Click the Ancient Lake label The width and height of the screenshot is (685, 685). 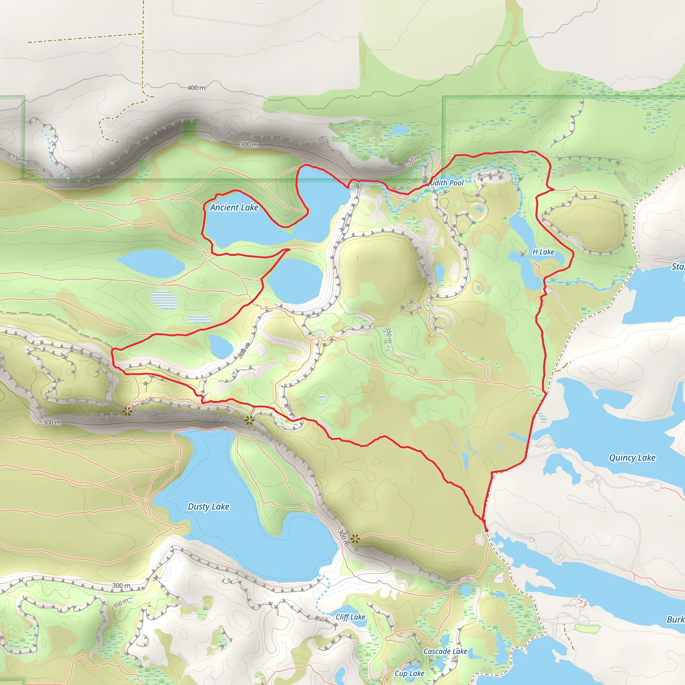234,207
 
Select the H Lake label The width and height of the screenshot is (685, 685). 543,252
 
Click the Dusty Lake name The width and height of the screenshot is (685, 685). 208,506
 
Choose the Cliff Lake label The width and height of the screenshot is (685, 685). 350,617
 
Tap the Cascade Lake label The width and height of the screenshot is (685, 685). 445,651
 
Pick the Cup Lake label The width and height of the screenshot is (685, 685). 409,673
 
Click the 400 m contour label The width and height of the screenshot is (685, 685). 196,88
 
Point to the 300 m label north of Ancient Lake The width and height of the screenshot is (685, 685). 249,144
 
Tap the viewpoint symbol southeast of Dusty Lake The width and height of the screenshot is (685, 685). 355,539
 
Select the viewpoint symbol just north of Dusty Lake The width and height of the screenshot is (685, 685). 249,421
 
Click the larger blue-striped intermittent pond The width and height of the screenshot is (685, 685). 164,300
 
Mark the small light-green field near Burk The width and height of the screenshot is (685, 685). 587,629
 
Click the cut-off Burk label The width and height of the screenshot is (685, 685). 675,619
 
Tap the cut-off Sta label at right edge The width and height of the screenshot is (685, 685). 678,267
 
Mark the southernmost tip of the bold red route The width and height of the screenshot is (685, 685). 486,531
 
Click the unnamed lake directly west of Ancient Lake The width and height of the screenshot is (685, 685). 151,263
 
